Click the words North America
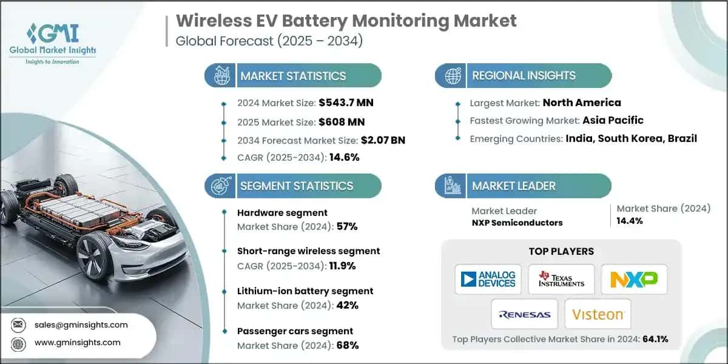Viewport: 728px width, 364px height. point(581,102)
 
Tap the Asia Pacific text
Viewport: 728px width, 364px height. point(613,120)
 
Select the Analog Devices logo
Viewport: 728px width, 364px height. point(488,279)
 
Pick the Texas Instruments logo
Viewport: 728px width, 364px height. point(561,279)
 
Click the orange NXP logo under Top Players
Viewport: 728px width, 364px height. point(633,279)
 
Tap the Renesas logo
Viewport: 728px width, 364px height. point(525,314)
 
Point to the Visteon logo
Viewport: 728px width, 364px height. point(598,314)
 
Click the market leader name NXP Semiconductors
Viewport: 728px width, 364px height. point(517,223)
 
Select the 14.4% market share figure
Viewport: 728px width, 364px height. point(630,221)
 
